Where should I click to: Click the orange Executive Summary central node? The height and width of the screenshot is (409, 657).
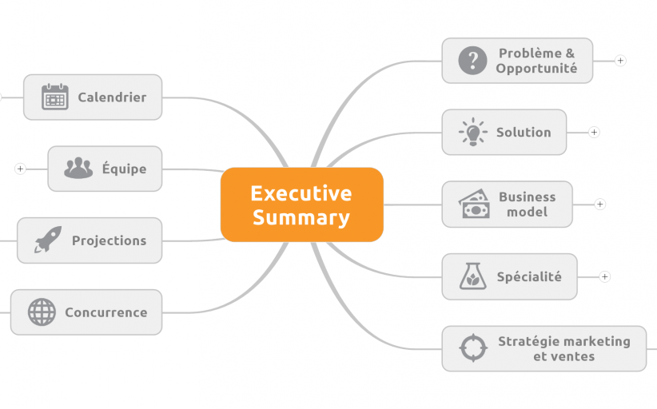tap(301, 204)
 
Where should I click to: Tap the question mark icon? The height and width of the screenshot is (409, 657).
tap(472, 60)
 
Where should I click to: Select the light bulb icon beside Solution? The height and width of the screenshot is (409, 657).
tap(472, 132)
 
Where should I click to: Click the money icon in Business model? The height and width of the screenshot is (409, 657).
tap(474, 204)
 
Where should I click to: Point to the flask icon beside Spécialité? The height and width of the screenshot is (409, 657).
tap(472, 276)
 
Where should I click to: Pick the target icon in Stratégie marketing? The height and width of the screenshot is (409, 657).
tap(473, 348)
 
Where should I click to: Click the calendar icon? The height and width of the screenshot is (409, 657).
tap(54, 97)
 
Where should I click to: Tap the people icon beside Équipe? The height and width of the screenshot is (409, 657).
tap(78, 169)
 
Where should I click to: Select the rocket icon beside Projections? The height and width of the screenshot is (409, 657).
tap(48, 240)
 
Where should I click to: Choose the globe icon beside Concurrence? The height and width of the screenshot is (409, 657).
tap(42, 312)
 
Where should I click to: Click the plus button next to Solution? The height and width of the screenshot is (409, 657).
tap(594, 132)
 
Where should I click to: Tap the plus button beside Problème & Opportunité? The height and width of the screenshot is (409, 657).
tap(620, 60)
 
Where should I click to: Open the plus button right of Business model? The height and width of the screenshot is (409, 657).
tap(600, 204)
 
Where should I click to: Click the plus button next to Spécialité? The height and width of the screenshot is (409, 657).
tap(605, 276)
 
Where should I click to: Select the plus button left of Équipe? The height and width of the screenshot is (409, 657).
tap(20, 169)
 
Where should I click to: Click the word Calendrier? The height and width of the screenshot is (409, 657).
tap(112, 97)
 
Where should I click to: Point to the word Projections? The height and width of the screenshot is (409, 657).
tap(109, 240)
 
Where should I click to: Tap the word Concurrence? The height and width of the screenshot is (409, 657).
tap(106, 312)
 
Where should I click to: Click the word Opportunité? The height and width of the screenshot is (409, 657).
tap(536, 69)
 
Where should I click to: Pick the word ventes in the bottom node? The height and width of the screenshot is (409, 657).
tap(573, 356)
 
